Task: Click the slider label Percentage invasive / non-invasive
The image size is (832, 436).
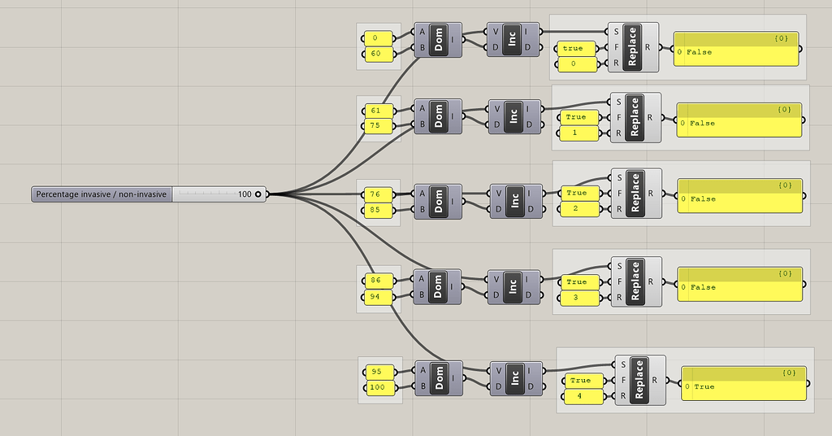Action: coord(102,194)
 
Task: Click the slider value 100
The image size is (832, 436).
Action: coord(244,194)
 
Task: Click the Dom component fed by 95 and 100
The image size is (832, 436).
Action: coord(440,378)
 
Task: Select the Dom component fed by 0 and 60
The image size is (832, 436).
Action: coord(439,40)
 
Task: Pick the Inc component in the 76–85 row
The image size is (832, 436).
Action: coord(513,201)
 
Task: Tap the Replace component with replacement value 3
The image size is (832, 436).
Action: coord(635,281)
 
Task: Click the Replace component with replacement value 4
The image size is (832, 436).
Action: coord(639,379)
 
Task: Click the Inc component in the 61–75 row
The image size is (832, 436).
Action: coord(513,117)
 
